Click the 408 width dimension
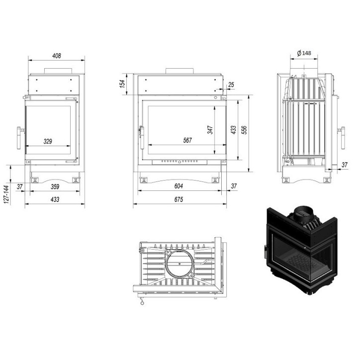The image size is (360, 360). (56, 56)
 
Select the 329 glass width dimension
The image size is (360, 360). (48, 141)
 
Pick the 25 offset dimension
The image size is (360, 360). (231, 85)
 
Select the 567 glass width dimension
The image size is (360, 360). (187, 141)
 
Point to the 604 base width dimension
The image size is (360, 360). (179, 186)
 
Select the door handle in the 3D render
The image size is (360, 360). (266, 247)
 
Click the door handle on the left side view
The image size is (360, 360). (20, 138)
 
